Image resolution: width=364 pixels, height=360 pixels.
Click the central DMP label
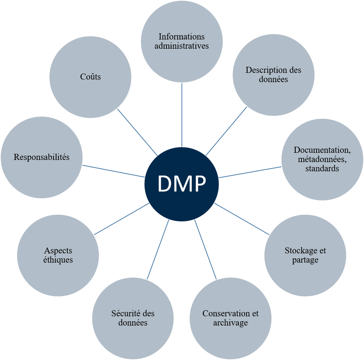click(x=181, y=184)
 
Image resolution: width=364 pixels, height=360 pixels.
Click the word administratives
click(x=181, y=46)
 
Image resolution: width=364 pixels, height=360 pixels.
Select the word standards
click(x=322, y=168)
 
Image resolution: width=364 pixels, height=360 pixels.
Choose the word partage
click(x=305, y=260)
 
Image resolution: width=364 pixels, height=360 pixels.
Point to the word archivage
click(x=230, y=323)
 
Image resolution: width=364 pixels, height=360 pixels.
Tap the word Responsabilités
click(x=42, y=157)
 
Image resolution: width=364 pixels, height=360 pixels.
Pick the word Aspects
click(x=58, y=251)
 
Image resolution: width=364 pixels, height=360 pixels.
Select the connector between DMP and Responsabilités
click(x=113, y=171)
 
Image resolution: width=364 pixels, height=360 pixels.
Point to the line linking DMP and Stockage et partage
click(x=242, y=219)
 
